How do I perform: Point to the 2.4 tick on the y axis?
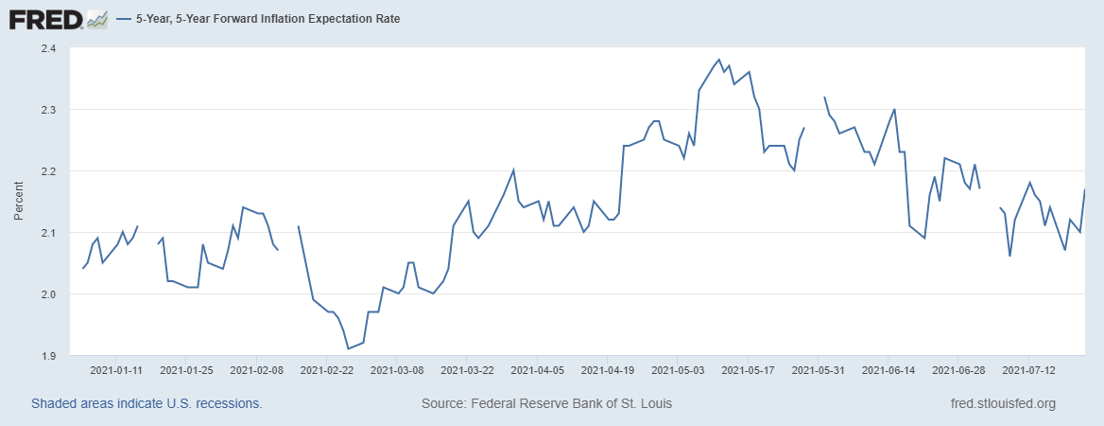pyautogui.click(x=48, y=48)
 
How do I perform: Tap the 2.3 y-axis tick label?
pyautogui.click(x=48, y=110)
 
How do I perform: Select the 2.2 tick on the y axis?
pyautogui.click(x=48, y=171)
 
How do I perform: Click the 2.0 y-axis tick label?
pyautogui.click(x=48, y=294)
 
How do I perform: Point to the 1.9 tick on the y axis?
pyautogui.click(x=48, y=356)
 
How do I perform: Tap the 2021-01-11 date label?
pyautogui.click(x=115, y=369)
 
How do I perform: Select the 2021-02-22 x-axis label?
pyautogui.click(x=326, y=369)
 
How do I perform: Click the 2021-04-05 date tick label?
pyautogui.click(x=537, y=369)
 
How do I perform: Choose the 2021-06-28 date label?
pyautogui.click(x=958, y=369)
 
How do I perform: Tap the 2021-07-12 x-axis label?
pyautogui.click(x=1028, y=369)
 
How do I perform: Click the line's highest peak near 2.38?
pyautogui.click(x=719, y=60)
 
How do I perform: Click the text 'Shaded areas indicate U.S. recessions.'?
pyautogui.click(x=147, y=403)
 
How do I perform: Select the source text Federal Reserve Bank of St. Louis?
pyautogui.click(x=546, y=403)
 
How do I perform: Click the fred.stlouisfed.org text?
pyautogui.click(x=1002, y=403)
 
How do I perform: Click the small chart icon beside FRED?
pyautogui.click(x=96, y=18)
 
